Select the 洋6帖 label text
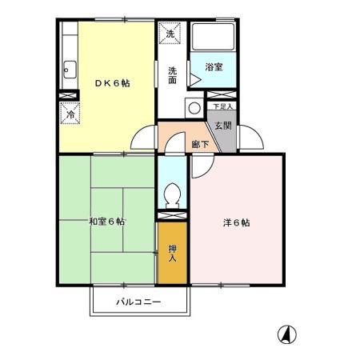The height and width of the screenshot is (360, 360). coord(236,223)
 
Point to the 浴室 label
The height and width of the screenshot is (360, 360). coord(213,68)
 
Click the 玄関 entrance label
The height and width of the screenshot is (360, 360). coord(222,126)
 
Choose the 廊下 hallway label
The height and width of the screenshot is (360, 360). coord(199,145)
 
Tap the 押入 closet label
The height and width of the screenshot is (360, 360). coord(173,254)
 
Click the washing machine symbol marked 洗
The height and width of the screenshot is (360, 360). coord(170,34)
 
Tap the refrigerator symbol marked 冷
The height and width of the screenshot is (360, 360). coord(69,114)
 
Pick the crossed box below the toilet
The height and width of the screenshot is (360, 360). coord(170,215)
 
